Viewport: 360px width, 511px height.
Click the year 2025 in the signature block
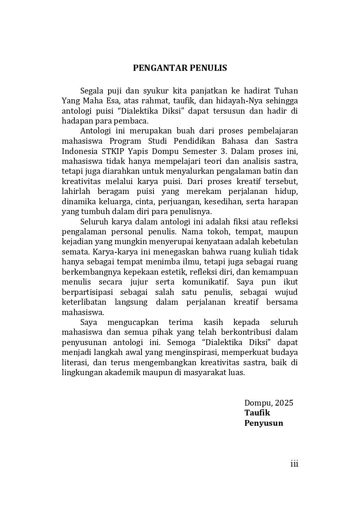[x=284, y=403]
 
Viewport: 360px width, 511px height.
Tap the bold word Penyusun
[x=264, y=423]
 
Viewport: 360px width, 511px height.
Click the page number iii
[x=294, y=464]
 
